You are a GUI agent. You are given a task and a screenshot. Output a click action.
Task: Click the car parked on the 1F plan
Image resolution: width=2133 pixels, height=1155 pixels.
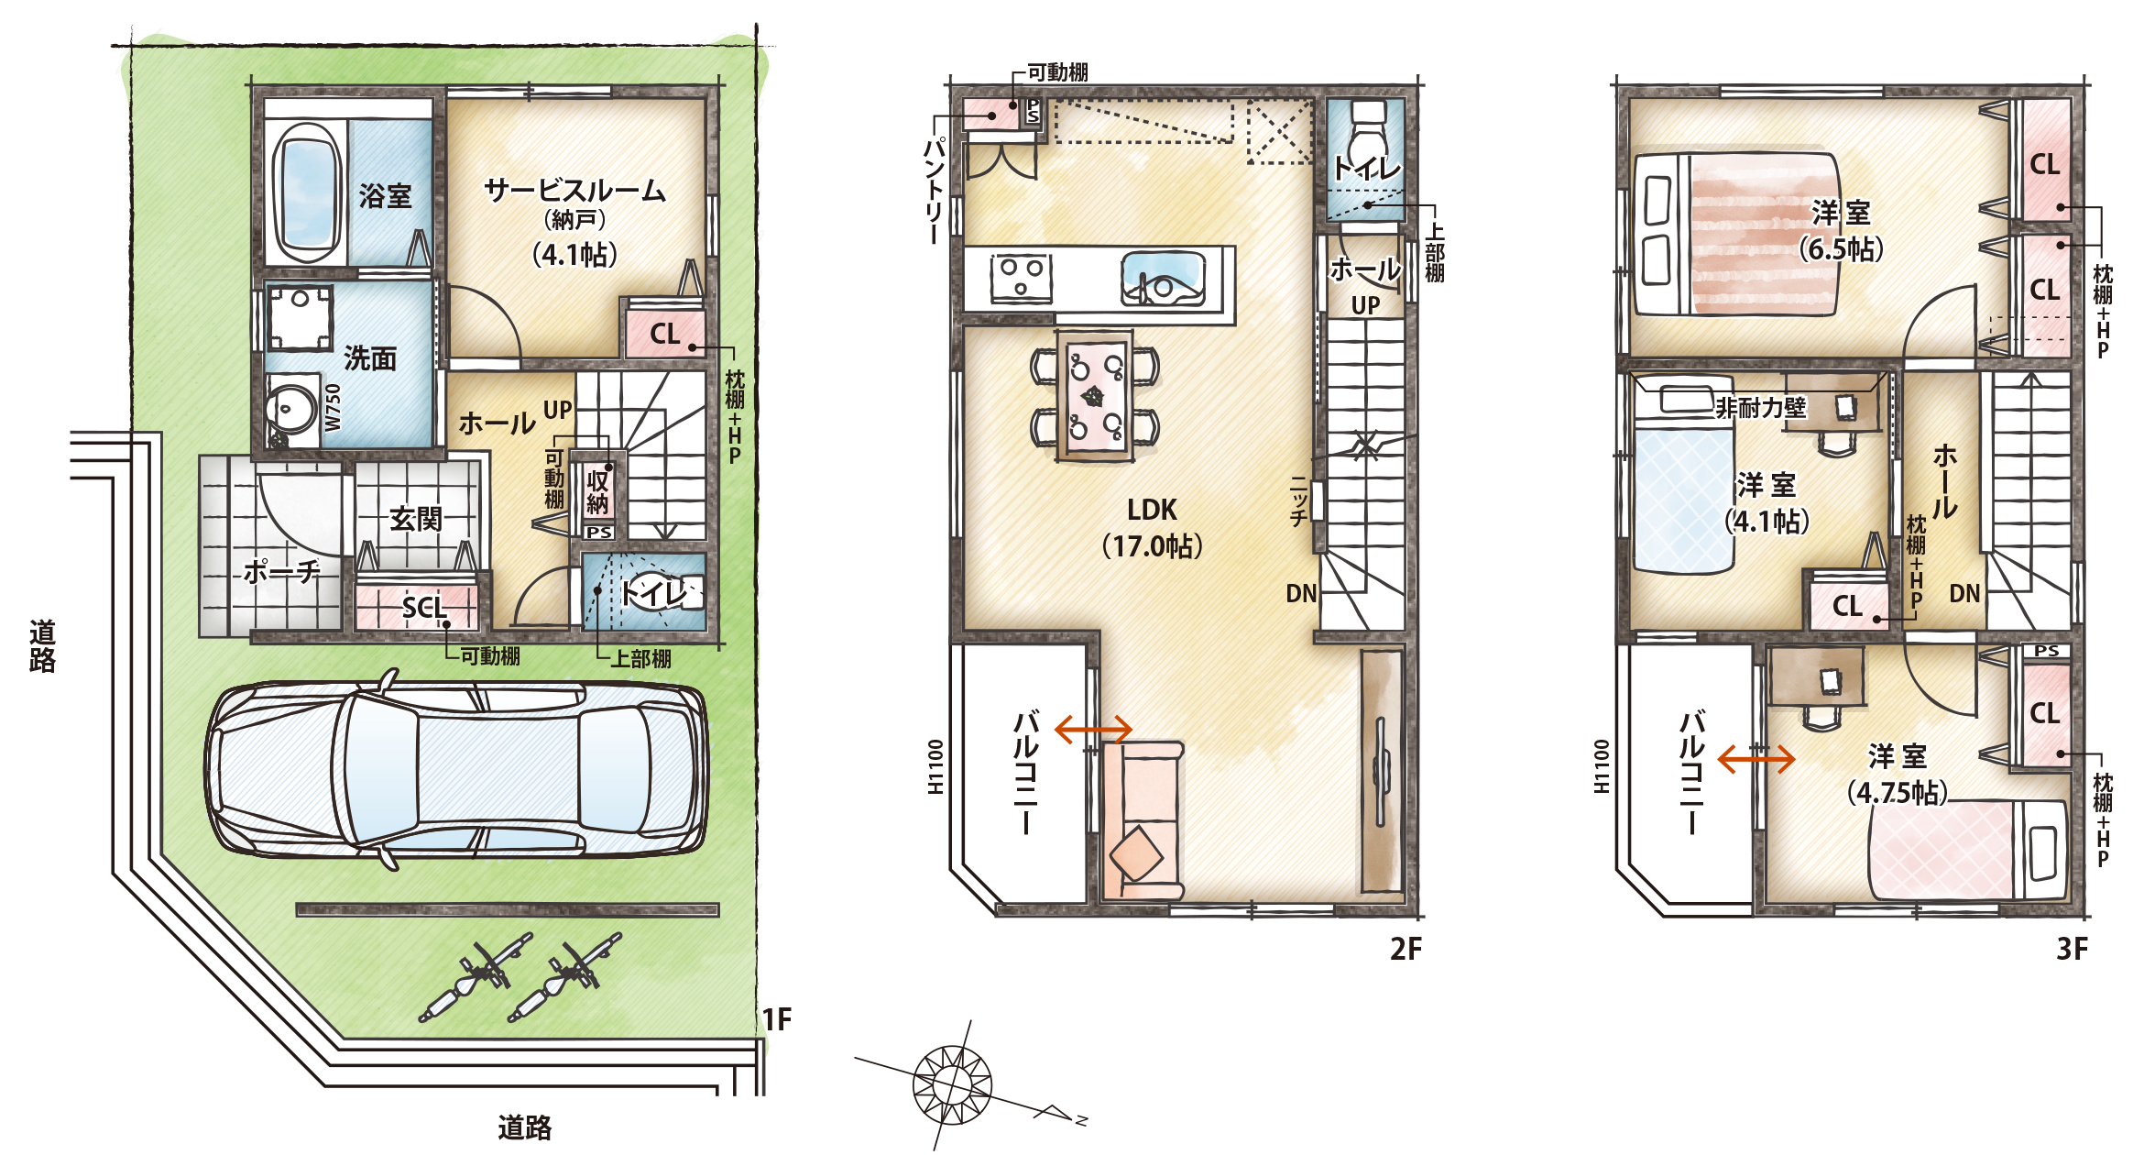(456, 770)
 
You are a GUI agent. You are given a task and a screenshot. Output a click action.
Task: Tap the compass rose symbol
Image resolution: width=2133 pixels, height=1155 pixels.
(953, 1085)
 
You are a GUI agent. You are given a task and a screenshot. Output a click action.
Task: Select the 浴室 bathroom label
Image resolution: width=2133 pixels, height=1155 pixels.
(385, 195)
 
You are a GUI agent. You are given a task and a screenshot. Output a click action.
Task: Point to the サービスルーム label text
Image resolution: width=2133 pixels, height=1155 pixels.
(574, 190)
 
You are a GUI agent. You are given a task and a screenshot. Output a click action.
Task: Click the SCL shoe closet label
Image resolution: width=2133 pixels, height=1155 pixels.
(424, 607)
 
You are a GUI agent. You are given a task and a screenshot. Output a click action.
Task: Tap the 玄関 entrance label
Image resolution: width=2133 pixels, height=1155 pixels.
(416, 519)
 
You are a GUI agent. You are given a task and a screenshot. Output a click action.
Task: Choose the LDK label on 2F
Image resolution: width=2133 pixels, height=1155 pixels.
(1152, 510)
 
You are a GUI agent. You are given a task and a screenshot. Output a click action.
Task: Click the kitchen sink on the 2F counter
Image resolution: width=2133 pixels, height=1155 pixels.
(1164, 280)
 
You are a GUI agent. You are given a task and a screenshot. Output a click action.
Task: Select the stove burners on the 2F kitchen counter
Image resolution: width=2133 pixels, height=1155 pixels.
(1021, 277)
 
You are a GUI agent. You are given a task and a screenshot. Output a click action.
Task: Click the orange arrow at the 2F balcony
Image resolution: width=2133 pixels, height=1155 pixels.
(1094, 730)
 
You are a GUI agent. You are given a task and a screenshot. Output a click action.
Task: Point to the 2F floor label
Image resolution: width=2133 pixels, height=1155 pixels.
(1406, 949)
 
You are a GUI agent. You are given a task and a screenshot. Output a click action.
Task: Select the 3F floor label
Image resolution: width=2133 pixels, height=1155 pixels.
(2072, 949)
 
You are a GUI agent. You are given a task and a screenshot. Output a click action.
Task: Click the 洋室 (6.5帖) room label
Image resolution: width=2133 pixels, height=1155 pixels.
(1841, 230)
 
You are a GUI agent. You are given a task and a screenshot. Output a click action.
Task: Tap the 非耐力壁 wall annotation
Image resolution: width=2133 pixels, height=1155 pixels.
(1760, 407)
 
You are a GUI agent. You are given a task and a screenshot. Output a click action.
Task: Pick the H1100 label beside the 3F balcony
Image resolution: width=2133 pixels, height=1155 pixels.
(1602, 766)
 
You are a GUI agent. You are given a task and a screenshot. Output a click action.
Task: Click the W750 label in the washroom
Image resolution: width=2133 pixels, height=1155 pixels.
(333, 407)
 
